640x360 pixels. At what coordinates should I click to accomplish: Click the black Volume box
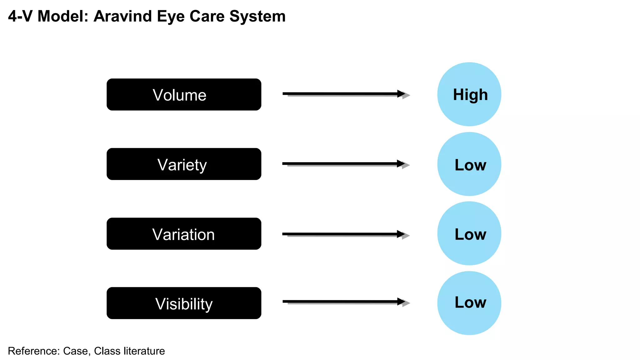click(184, 94)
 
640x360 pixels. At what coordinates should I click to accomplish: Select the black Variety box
click(184, 164)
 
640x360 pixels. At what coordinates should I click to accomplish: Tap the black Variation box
click(184, 234)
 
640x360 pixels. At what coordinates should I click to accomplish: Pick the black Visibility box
click(184, 303)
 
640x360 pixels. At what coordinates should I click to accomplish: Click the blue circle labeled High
click(469, 94)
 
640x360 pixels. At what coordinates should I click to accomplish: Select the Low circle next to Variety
click(469, 164)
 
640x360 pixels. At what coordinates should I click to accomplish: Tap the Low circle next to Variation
click(469, 233)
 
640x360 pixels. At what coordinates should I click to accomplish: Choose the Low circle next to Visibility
click(469, 303)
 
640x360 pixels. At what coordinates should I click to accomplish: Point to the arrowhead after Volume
click(402, 94)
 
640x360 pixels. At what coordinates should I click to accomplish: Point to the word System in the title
click(257, 16)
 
